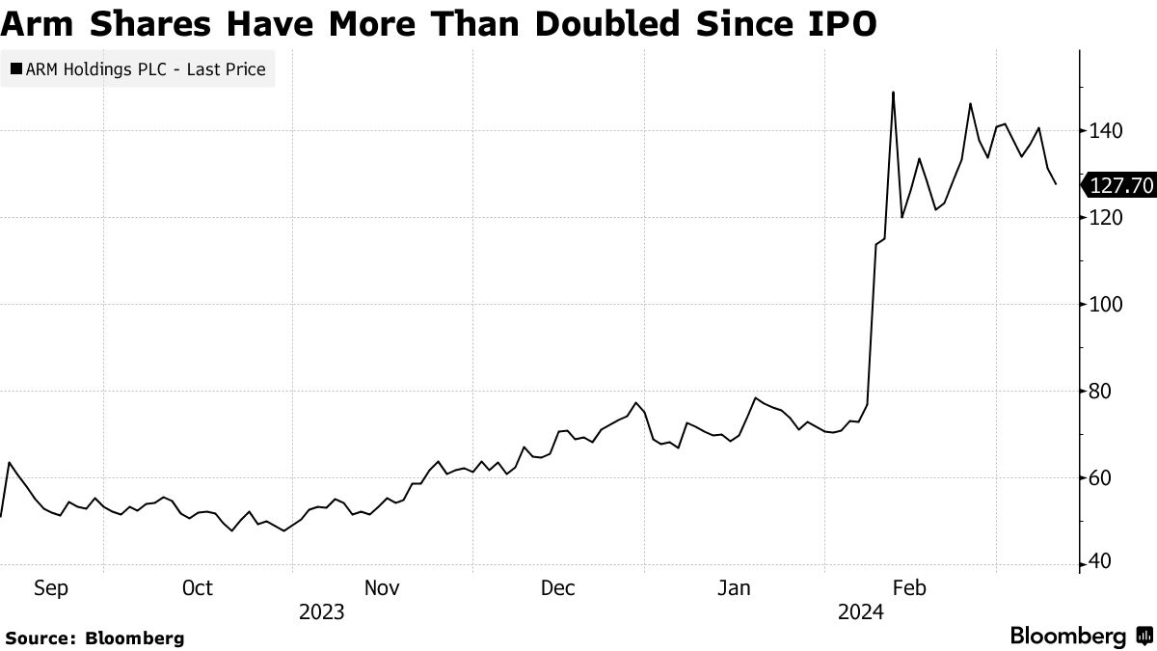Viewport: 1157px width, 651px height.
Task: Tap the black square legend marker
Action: (x=15, y=69)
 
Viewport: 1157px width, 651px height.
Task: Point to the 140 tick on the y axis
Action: (x=1105, y=131)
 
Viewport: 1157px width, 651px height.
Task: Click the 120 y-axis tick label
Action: (x=1105, y=218)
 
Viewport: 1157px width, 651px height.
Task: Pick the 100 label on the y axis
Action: (x=1105, y=305)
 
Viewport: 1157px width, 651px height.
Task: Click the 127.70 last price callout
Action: (x=1120, y=184)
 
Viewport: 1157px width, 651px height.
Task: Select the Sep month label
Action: (x=50, y=588)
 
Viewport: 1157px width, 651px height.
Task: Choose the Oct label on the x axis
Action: (x=197, y=588)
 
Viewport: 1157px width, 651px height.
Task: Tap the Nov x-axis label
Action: (x=382, y=588)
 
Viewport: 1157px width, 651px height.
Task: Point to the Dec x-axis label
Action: (x=558, y=588)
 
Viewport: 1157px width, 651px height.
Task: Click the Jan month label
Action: (x=735, y=588)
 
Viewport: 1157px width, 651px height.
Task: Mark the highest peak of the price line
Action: (x=894, y=93)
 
